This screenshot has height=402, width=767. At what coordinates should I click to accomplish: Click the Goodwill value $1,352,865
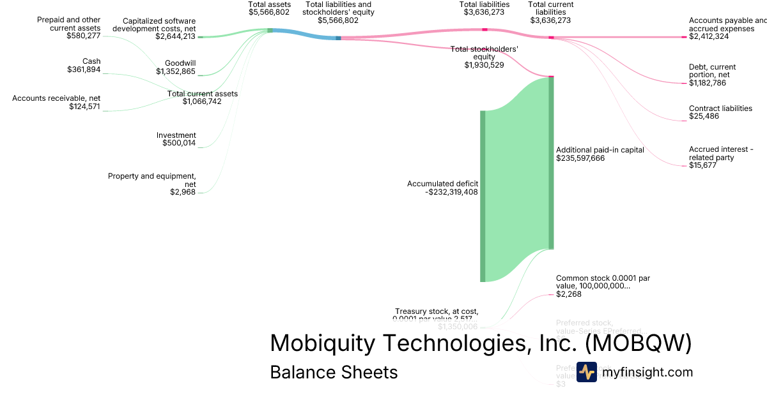pos(176,71)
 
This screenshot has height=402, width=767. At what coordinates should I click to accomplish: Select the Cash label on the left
pos(91,61)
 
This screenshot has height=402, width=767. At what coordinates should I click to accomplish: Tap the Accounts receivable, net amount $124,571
pos(84,107)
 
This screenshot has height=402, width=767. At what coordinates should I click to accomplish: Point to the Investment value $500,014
pos(179,144)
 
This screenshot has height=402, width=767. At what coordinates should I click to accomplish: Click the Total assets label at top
pos(269,4)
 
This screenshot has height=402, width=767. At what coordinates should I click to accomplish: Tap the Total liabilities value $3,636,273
pos(484,11)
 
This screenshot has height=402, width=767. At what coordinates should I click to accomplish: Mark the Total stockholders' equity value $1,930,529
pos(484,65)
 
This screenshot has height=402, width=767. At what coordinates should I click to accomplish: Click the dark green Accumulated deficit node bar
pos(483,196)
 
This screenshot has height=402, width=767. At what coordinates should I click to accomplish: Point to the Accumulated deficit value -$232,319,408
pos(451,191)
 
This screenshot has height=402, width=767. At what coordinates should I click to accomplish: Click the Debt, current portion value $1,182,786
pos(708,83)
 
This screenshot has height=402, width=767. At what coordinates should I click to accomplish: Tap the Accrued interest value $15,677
pos(702,165)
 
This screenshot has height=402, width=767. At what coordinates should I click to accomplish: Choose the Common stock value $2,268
pos(569,294)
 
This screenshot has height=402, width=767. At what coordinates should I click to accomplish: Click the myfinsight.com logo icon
pos(586,372)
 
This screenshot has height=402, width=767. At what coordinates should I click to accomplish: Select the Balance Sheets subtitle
pos(334,372)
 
